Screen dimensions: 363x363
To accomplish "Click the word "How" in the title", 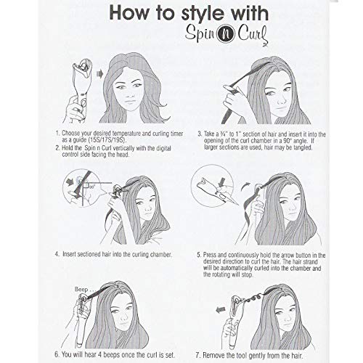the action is click(x=129, y=12).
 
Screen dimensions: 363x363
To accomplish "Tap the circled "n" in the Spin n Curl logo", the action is click(x=228, y=36).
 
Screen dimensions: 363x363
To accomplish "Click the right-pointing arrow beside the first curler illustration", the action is click(x=99, y=73).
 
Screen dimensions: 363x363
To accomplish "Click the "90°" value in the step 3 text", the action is click(x=287, y=141).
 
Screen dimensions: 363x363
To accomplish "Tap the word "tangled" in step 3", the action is click(x=303, y=147).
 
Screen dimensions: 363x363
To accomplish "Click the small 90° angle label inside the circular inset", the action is click(x=91, y=187).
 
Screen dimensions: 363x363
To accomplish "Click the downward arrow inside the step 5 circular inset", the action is click(x=221, y=183).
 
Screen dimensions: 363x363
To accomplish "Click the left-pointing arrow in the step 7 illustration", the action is click(x=221, y=310).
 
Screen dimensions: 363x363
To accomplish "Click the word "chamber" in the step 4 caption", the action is click(x=161, y=254).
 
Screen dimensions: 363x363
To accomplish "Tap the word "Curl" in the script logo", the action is click(x=253, y=36).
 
